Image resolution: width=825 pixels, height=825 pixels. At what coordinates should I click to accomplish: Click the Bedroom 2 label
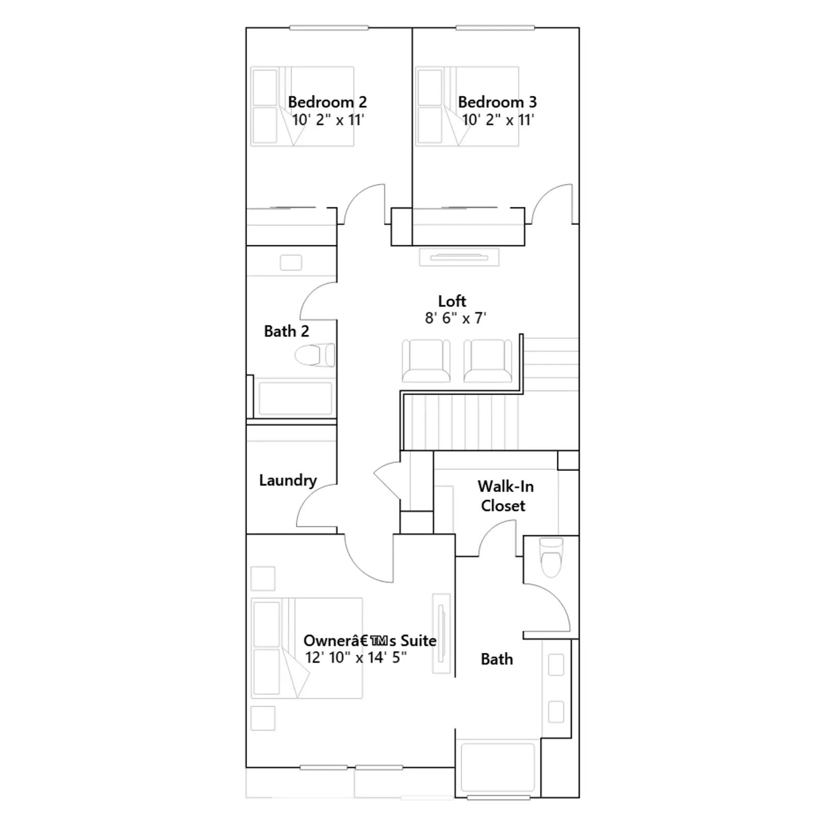click(x=327, y=102)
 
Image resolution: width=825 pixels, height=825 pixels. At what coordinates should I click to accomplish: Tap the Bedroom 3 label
click(x=497, y=102)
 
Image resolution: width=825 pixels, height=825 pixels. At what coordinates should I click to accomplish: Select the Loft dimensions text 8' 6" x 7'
click(x=455, y=318)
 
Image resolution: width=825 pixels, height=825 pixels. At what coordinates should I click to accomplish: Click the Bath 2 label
click(x=286, y=331)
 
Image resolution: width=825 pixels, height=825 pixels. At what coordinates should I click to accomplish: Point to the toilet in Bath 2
click(x=315, y=355)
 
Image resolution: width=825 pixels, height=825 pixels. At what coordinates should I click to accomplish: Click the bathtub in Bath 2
click(x=295, y=398)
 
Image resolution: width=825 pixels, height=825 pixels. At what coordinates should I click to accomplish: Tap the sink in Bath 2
click(x=291, y=262)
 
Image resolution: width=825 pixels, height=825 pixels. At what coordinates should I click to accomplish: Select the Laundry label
click(x=288, y=481)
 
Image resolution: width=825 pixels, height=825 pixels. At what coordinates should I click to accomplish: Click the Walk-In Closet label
click(x=505, y=496)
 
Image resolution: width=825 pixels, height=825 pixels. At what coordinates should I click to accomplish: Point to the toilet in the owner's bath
click(x=551, y=557)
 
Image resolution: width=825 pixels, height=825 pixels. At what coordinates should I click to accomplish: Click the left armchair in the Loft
click(x=426, y=361)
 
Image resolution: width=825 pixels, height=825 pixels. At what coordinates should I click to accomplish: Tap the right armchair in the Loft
click(x=488, y=361)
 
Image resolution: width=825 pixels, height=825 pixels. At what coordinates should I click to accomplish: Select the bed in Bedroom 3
click(x=467, y=106)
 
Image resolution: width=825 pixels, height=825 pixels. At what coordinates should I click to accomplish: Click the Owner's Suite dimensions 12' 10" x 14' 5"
click(x=356, y=657)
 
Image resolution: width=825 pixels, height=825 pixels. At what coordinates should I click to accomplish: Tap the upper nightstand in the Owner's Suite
click(x=262, y=579)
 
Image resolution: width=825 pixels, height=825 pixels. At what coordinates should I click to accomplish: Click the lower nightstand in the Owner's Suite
click(x=262, y=718)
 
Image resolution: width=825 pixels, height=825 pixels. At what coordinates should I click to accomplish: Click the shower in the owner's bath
click(x=498, y=767)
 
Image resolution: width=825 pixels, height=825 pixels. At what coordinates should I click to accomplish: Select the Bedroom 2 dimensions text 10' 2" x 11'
click(x=328, y=120)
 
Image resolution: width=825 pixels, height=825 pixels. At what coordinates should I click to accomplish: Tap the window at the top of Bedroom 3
click(x=496, y=28)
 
